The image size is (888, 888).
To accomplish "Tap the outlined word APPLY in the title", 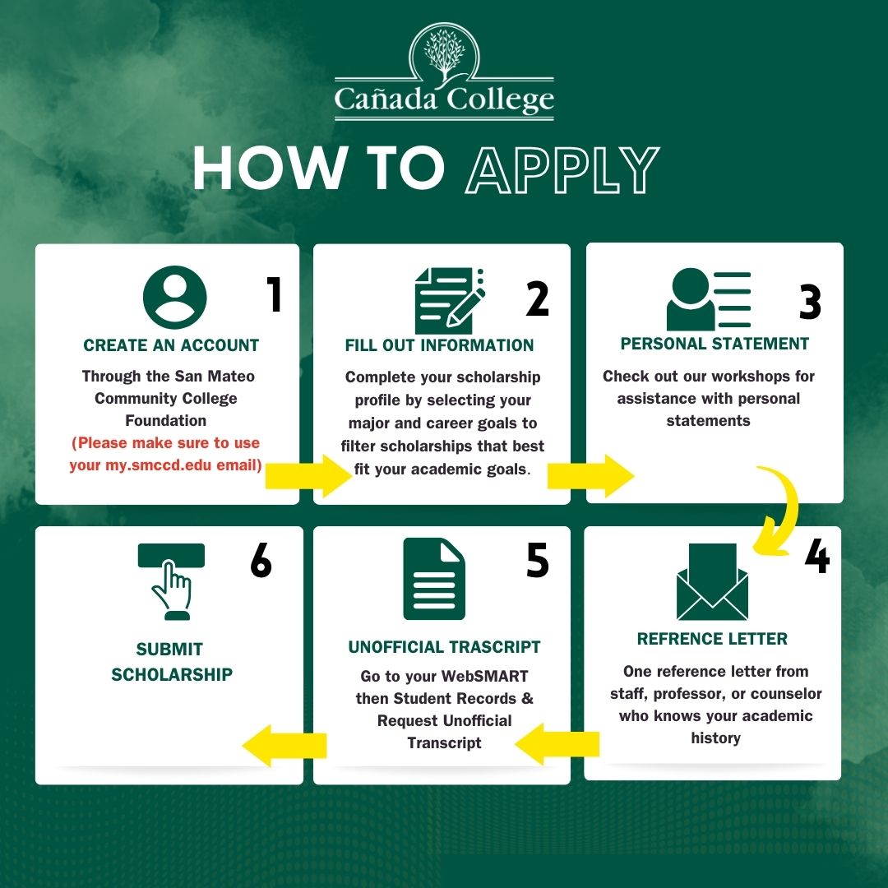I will coord(562,171).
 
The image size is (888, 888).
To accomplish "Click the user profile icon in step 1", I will coord(174,297).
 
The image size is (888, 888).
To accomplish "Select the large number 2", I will coord(537,298).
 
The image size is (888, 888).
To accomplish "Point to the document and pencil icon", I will coord(449,300).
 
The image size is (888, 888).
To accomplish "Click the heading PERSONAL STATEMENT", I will coord(715,344).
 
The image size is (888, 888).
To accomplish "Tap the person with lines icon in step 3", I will coord(708,300).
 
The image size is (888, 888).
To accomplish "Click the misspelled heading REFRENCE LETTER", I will coord(712,639).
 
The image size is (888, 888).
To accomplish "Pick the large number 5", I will coord(537,561).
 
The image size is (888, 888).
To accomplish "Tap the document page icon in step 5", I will coord(434,579).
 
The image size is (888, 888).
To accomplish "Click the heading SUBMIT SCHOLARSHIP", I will coord(172,662).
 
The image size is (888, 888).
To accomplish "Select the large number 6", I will coord(261,561).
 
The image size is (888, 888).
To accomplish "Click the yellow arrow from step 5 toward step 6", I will coord(284,746).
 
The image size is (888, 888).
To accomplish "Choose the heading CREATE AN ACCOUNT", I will coord(171,345).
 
